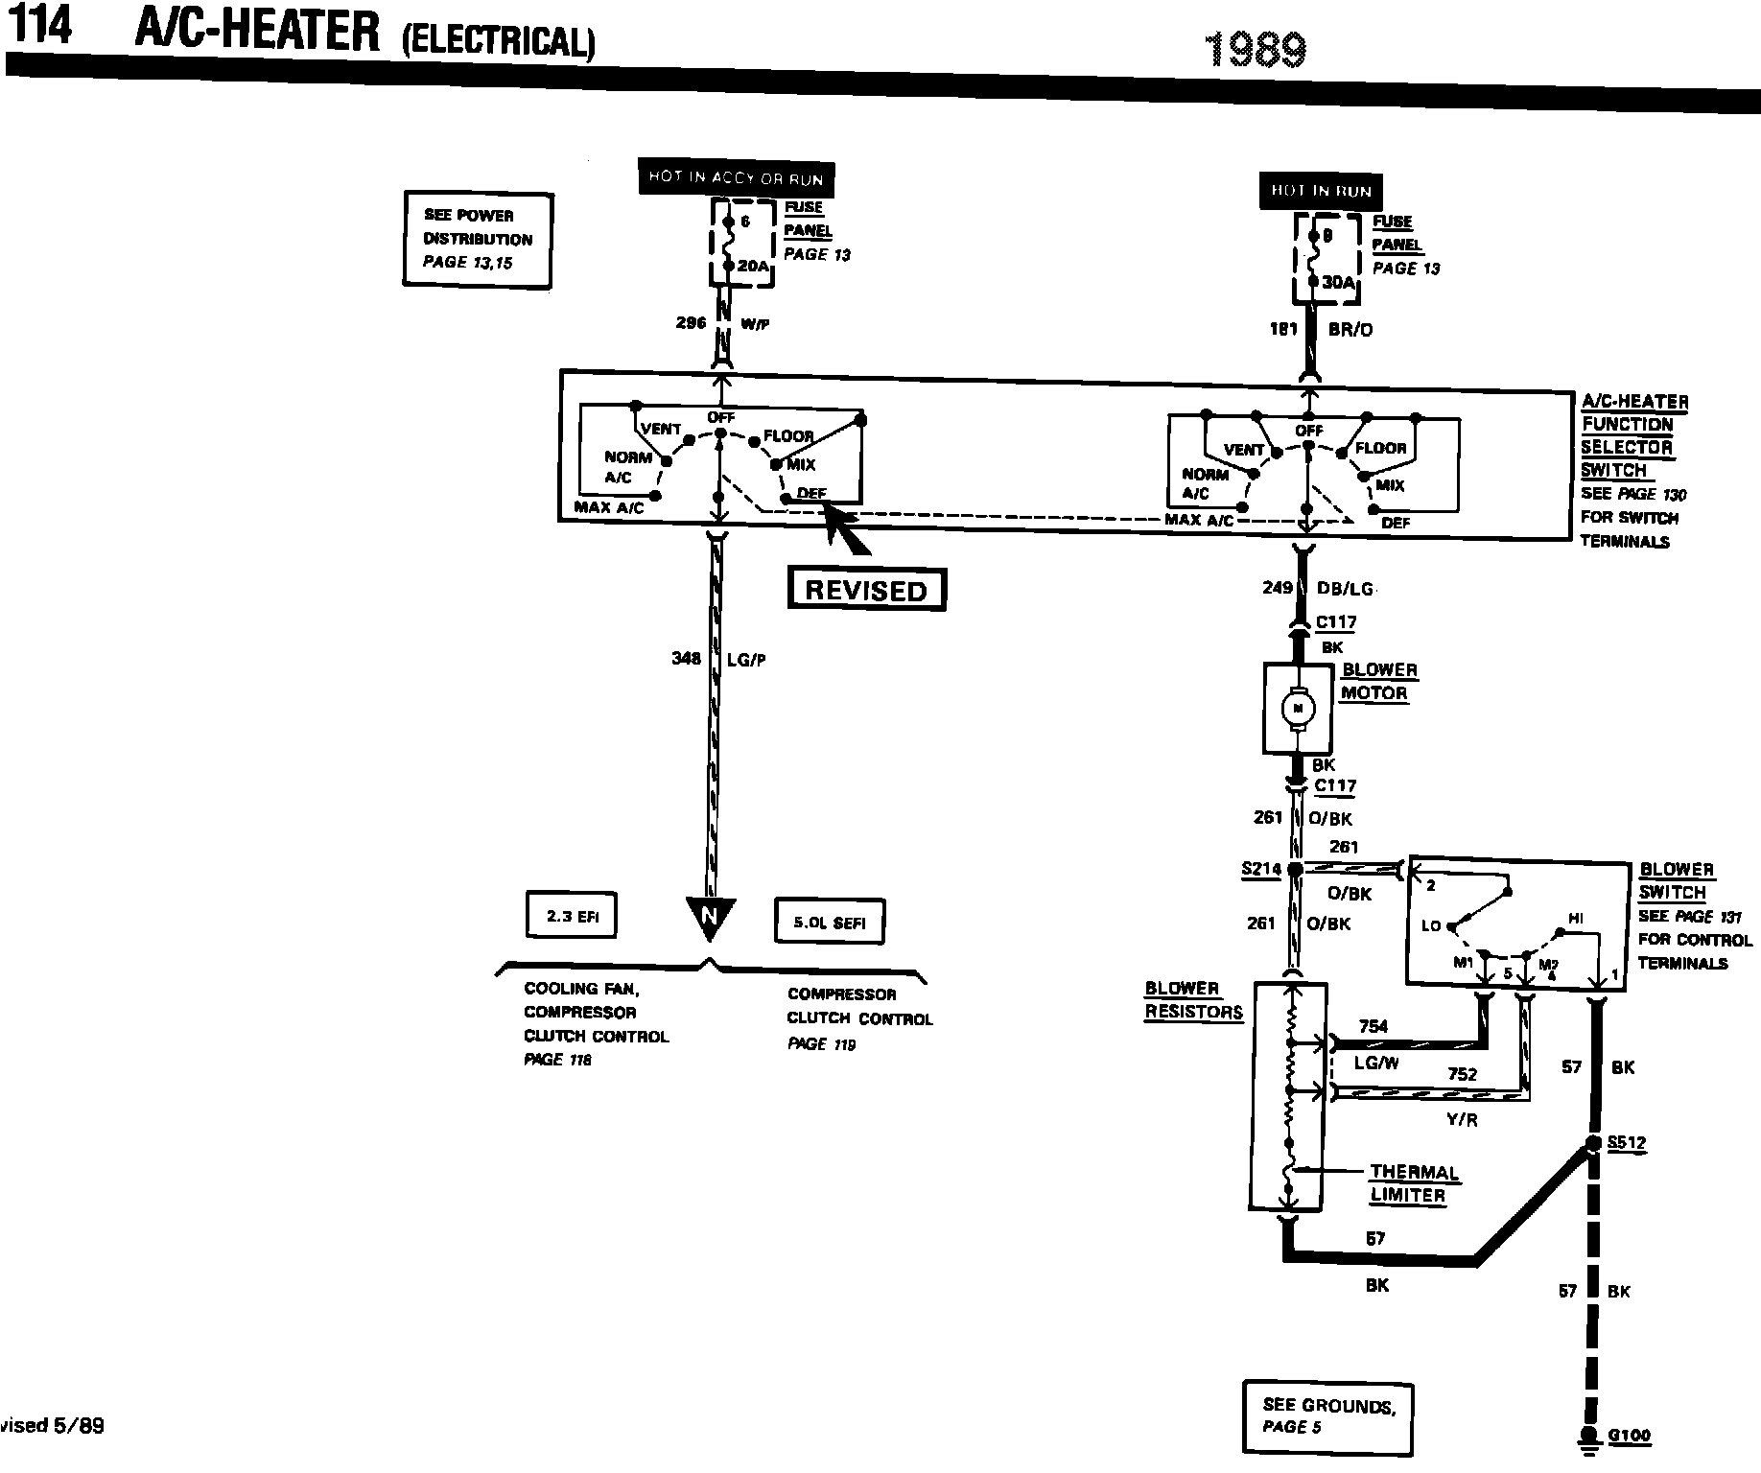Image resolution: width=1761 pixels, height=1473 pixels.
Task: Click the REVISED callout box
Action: point(866,590)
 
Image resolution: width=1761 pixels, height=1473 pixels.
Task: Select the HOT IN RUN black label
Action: point(1321,191)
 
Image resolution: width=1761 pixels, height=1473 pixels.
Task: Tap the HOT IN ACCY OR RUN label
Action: point(736,177)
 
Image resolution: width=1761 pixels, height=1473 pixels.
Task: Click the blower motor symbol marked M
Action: point(1299,708)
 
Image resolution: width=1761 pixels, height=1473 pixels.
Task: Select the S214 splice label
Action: point(1260,869)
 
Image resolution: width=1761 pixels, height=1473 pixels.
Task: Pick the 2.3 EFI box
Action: point(572,916)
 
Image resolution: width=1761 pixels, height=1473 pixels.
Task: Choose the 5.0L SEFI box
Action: point(829,923)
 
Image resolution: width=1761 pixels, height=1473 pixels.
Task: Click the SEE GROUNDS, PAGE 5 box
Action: point(1327,1415)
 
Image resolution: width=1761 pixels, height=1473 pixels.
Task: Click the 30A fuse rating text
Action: point(1340,283)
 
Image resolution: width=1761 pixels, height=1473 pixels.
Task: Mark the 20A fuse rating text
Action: point(753,267)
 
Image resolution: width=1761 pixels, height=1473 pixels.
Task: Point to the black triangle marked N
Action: point(710,916)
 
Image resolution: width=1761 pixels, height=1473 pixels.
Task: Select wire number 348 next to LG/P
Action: point(687,658)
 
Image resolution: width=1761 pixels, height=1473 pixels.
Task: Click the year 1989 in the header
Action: point(1255,49)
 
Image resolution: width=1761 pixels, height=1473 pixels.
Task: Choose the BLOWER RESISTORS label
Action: point(1193,1000)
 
